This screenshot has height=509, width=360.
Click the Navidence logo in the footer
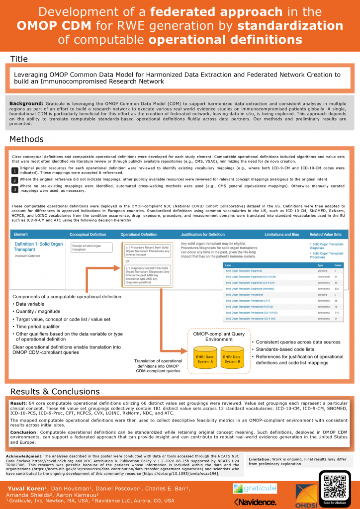[255, 502]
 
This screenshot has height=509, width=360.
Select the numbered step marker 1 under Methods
[15, 171]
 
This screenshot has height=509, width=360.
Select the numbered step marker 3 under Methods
[15, 189]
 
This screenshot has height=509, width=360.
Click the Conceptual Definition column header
[88, 234]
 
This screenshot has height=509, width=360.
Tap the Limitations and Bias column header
[280, 234]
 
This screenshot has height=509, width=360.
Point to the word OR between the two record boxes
[128, 261]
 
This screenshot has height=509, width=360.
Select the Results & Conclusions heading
[55, 391]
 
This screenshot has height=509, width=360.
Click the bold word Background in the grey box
[27, 103]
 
